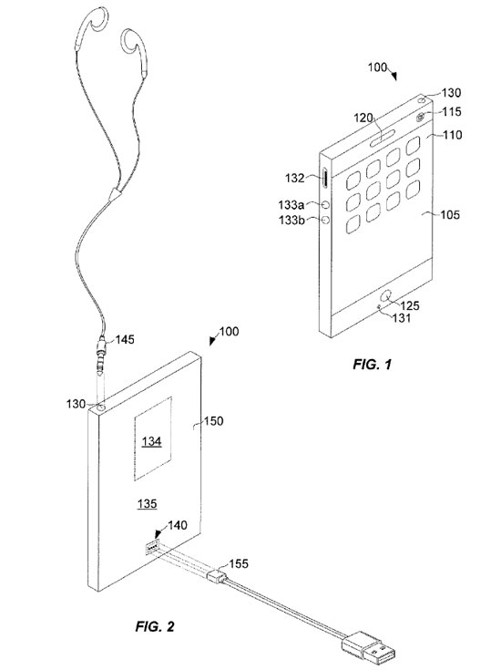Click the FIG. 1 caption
tap(372, 364)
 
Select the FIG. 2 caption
tap(155, 626)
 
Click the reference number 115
tap(452, 111)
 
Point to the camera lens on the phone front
tap(421, 116)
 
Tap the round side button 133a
tap(326, 205)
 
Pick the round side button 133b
tap(326, 220)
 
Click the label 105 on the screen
tap(450, 214)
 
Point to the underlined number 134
tap(151, 441)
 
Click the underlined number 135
tap(147, 504)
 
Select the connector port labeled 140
tap(152, 547)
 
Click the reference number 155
tap(239, 563)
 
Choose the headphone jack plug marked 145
tap(101, 354)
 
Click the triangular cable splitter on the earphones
tap(115, 194)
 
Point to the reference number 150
tap(213, 421)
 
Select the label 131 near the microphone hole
tap(402, 318)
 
